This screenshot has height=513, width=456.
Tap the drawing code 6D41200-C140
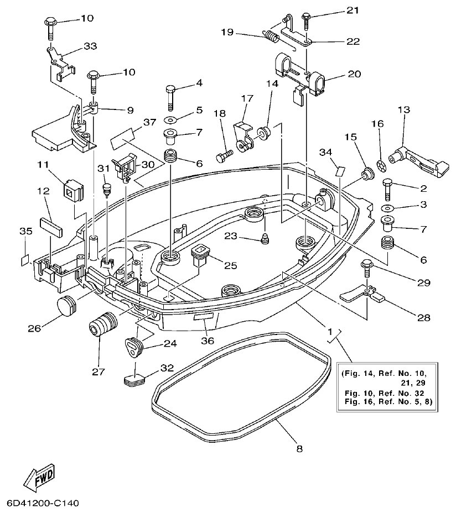pyautogui.click(x=44, y=504)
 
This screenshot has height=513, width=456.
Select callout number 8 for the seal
pyautogui.click(x=299, y=449)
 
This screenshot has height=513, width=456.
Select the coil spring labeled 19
pyautogui.click(x=271, y=38)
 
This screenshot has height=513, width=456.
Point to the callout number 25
pyautogui.click(x=230, y=265)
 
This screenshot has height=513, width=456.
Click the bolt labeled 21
pyautogui.click(x=305, y=19)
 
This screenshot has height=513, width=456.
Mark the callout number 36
pyautogui.click(x=208, y=341)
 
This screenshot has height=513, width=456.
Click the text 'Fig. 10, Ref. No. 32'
pyautogui.click(x=382, y=393)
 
